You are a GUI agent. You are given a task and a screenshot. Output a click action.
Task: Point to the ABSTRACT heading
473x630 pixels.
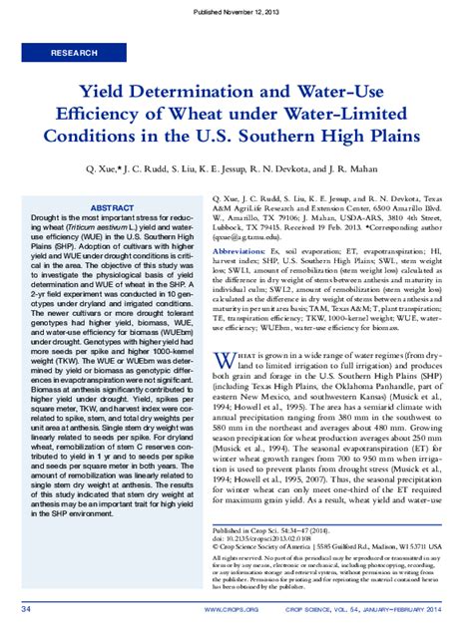click(x=113, y=208)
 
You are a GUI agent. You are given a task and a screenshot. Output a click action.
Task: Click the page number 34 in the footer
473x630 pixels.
click(x=26, y=608)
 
